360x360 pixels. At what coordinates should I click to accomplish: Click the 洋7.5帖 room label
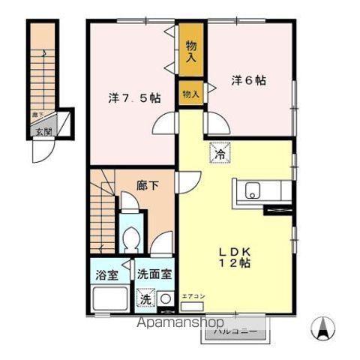tap(134, 97)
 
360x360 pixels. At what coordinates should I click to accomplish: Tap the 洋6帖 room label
tap(249, 80)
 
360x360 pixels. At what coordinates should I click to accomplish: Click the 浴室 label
tap(106, 274)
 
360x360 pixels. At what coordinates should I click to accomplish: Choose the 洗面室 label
tap(154, 274)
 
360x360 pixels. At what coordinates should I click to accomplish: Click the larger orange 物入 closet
tap(190, 50)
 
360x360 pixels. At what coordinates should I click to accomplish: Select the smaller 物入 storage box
tap(190, 94)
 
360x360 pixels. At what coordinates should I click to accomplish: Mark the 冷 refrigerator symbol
tap(220, 154)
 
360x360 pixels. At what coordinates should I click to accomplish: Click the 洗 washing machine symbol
tap(146, 298)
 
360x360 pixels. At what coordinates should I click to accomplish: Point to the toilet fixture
tap(133, 240)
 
